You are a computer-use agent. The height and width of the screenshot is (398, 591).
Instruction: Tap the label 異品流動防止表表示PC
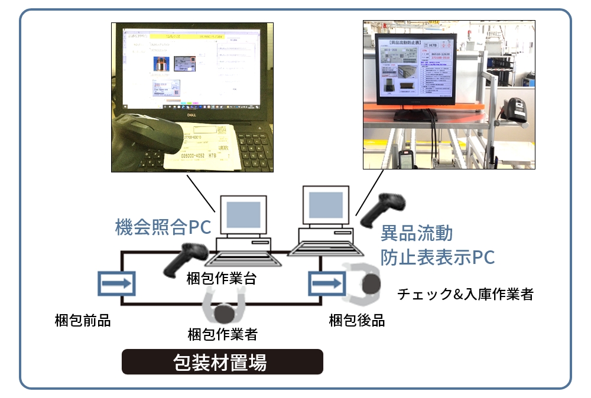pyautogui.click(x=437, y=245)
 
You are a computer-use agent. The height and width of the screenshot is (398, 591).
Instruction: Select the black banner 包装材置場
pyautogui.click(x=222, y=362)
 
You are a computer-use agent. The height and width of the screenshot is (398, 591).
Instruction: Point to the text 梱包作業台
pyautogui.click(x=222, y=279)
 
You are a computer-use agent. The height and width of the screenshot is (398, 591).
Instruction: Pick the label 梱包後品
pyautogui.click(x=357, y=321)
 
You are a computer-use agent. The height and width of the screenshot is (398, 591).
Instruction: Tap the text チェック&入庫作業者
pyautogui.click(x=465, y=293)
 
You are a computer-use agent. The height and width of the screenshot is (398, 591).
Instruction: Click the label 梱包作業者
pyautogui.click(x=222, y=334)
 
